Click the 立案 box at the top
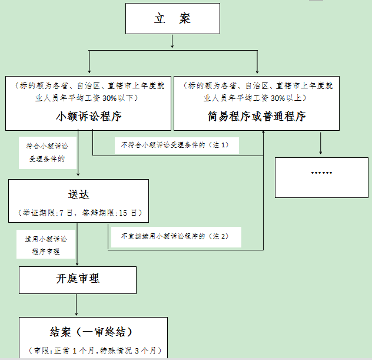click(172, 18)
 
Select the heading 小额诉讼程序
click(89, 116)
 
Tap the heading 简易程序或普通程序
click(257, 116)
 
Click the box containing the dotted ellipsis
click(321, 177)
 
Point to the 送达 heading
click(78, 194)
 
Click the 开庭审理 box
click(78, 280)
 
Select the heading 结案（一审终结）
click(91, 332)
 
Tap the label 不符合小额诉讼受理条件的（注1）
click(175, 145)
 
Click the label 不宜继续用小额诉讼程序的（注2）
click(175, 236)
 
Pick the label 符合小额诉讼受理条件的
click(47, 153)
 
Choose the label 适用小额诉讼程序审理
click(46, 245)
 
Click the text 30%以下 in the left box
click(120, 98)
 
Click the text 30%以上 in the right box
click(289, 98)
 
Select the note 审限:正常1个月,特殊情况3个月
click(95, 351)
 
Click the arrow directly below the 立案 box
click(172, 41)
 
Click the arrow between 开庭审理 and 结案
click(76, 305)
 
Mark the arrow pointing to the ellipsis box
click(321, 143)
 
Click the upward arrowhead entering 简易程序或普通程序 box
click(263, 132)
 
